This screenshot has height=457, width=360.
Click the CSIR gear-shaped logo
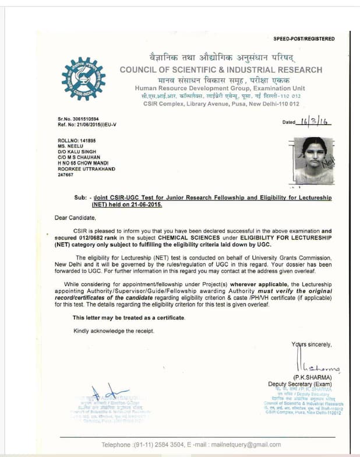(x=83, y=79)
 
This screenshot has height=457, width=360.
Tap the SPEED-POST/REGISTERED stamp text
(x=304, y=38)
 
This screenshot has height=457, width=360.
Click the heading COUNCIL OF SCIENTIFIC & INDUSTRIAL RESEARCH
(x=221, y=70)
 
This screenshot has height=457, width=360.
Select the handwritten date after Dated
(x=314, y=121)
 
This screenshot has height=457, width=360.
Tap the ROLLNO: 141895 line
(x=76, y=140)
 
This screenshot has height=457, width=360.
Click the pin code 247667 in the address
(x=65, y=174)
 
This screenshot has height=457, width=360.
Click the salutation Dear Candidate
(x=75, y=217)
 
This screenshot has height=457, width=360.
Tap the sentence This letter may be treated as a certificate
(x=129, y=318)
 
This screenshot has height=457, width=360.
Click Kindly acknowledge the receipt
(x=114, y=331)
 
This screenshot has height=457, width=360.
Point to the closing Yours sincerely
(x=311, y=344)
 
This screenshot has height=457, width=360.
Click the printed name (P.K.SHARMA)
(x=312, y=378)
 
